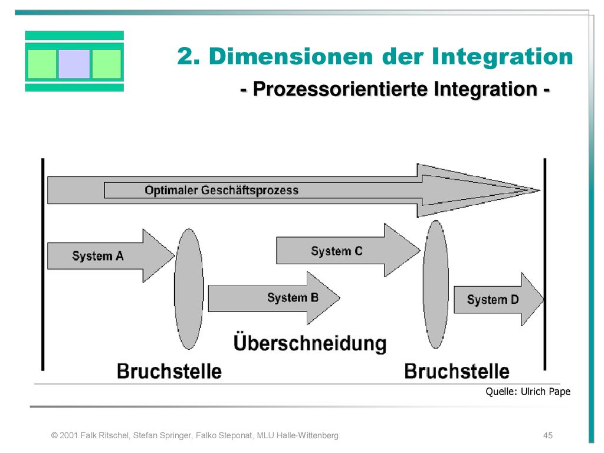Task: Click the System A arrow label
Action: (x=98, y=256)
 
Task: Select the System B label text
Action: (x=293, y=297)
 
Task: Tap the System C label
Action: (x=337, y=251)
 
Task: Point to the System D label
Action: (x=493, y=299)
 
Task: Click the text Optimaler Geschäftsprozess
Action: (x=222, y=191)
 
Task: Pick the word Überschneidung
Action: (x=310, y=343)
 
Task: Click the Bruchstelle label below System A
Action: (x=169, y=372)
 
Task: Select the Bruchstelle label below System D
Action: (x=457, y=372)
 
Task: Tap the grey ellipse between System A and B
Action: (x=189, y=289)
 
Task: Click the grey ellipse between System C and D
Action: (x=436, y=284)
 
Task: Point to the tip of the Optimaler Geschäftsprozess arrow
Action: (x=540, y=190)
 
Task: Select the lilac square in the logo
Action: (x=74, y=64)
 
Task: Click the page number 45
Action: (x=548, y=435)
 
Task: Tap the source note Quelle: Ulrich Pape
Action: (x=528, y=392)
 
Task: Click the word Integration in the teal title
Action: (x=503, y=57)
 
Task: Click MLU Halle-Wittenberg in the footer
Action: (x=297, y=435)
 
